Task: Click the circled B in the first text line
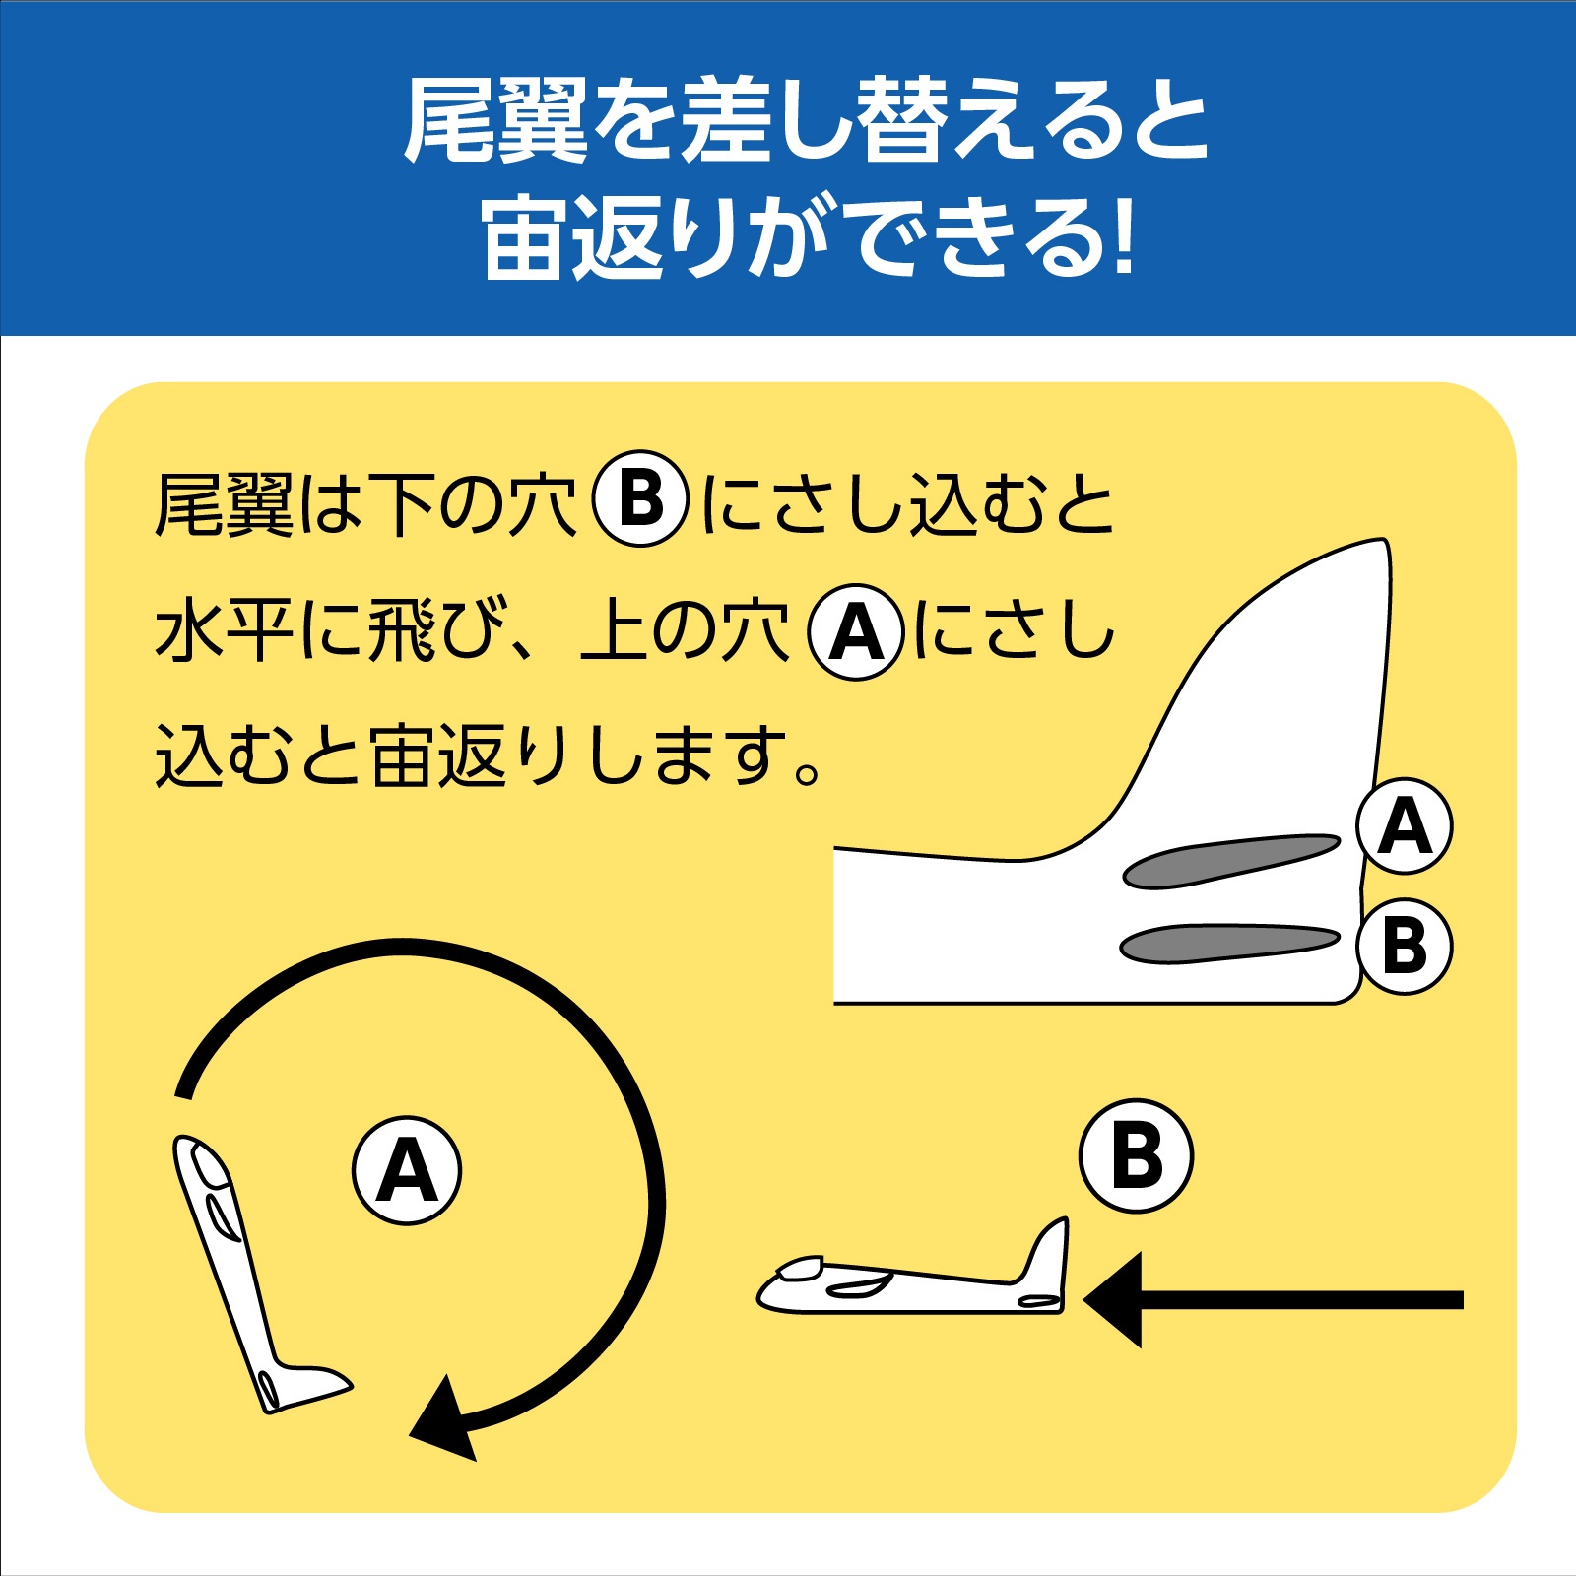(640, 499)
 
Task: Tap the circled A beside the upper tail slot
(1404, 826)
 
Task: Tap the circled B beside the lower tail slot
(1404, 946)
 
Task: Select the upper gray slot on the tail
(1231, 860)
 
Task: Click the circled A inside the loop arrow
(407, 1170)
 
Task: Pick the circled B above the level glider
(1136, 1155)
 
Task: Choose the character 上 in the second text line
(615, 630)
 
